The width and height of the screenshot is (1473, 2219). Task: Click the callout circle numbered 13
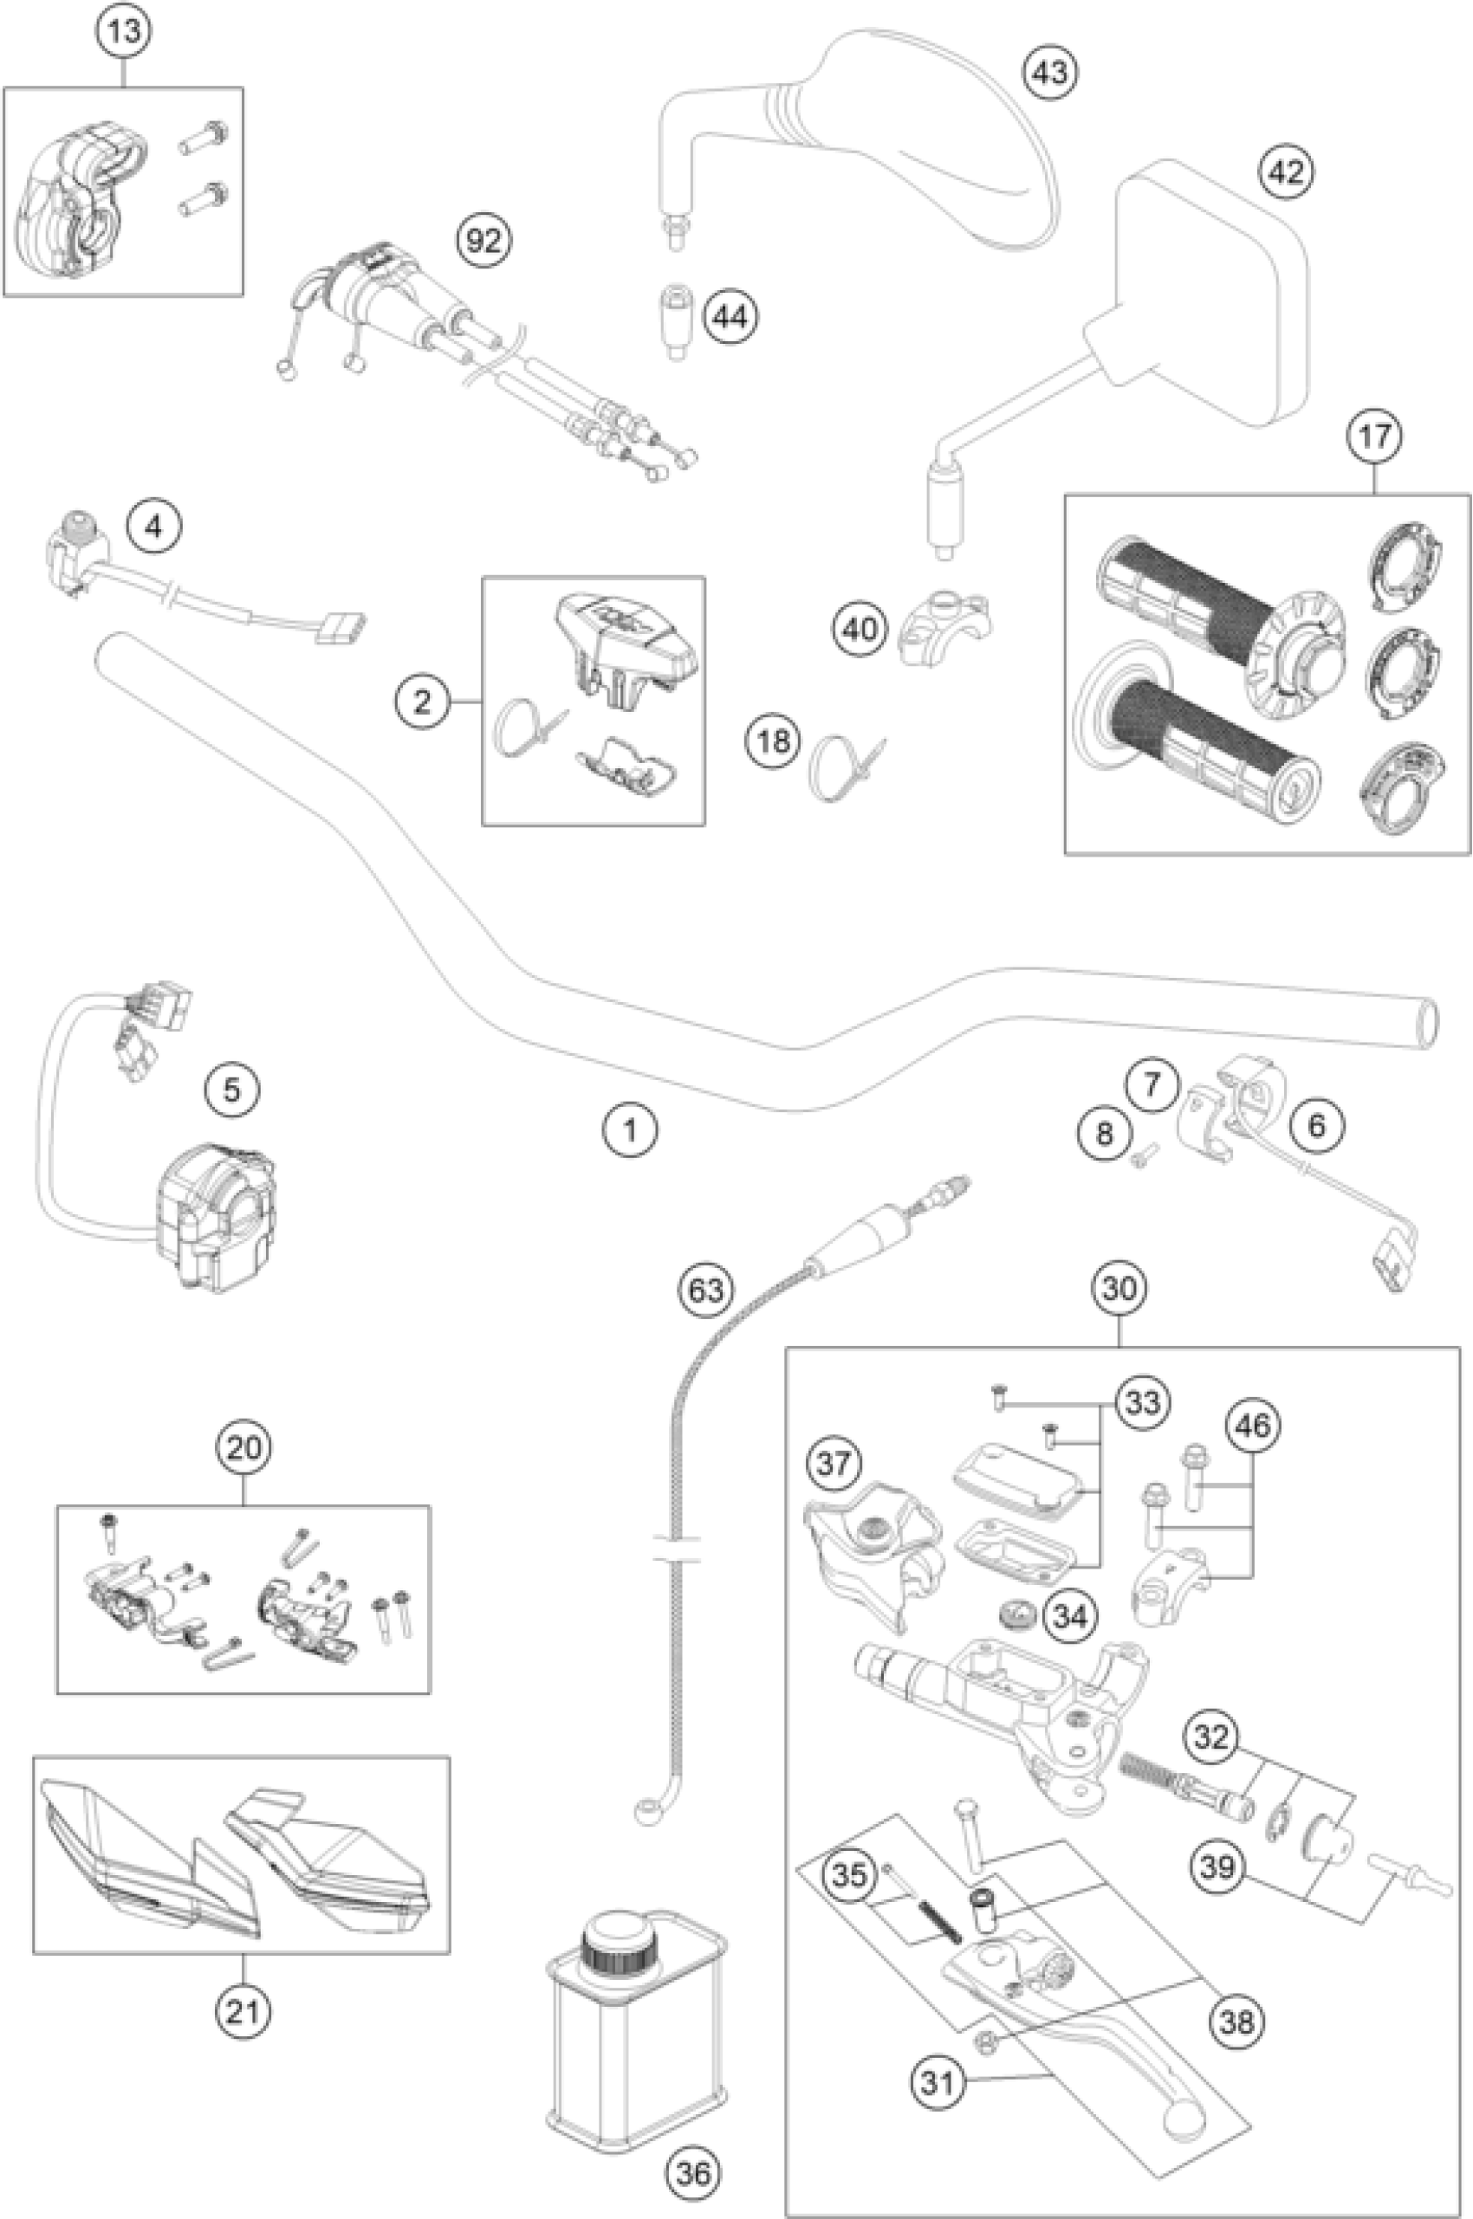tap(124, 31)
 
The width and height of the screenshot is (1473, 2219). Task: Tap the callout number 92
tap(483, 243)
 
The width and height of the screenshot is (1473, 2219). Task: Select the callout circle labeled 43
tap(1051, 71)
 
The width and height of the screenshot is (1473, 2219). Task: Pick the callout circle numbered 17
tap(1374, 436)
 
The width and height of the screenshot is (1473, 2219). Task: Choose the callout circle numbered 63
tap(706, 1290)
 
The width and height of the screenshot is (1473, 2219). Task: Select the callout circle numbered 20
tap(243, 1448)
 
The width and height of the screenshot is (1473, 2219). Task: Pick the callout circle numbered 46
tap(1252, 1426)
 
